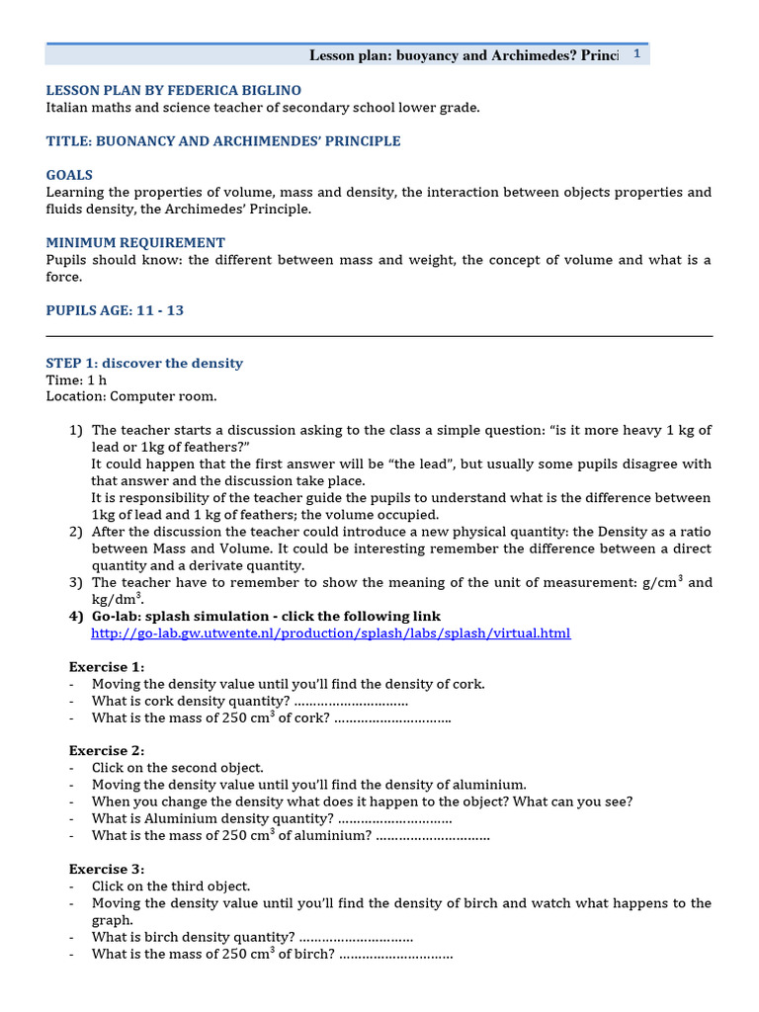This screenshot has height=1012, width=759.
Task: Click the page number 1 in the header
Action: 636,54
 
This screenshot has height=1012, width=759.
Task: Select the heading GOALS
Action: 69,175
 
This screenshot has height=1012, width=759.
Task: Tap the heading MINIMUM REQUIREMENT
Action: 135,242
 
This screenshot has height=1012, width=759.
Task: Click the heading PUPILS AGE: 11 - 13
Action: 115,310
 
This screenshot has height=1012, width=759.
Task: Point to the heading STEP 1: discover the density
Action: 144,363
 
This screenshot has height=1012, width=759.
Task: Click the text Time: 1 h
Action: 77,379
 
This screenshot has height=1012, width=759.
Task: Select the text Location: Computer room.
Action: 131,396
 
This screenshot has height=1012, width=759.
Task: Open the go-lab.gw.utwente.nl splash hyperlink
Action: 330,633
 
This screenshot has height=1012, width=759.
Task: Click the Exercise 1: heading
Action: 107,667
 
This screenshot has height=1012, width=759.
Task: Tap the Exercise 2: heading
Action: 107,750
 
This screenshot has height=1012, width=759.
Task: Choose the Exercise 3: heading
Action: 107,869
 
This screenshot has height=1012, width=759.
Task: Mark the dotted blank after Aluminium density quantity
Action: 395,818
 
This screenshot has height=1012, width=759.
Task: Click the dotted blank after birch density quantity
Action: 356,937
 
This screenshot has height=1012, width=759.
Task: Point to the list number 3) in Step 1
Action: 76,583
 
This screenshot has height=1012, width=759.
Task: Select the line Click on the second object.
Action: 178,768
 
